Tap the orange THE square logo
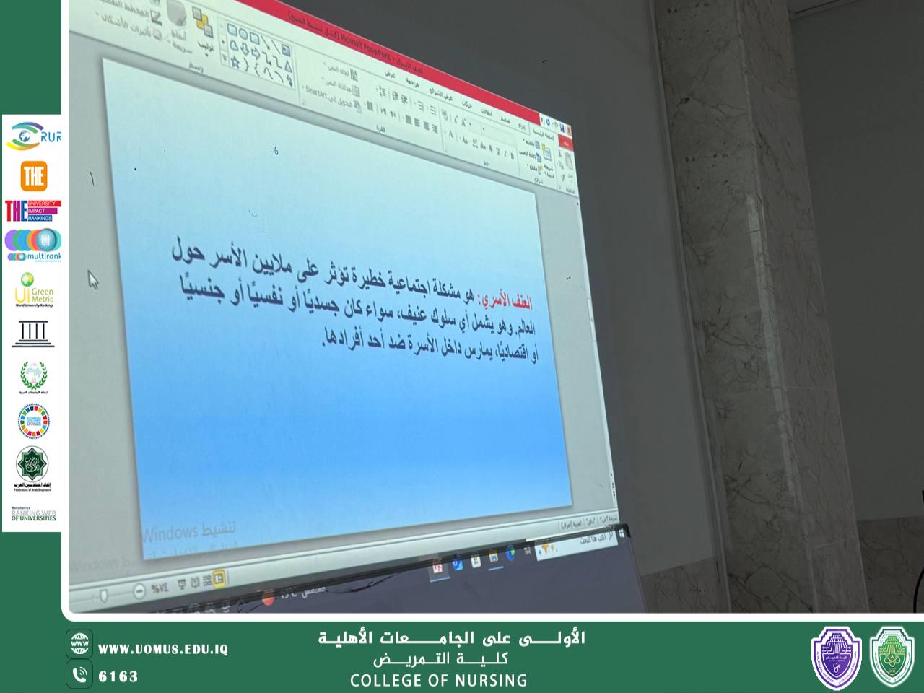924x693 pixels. point(33,175)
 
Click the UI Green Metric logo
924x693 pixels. point(33,290)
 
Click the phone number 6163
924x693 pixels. point(118,676)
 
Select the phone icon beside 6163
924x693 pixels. point(79,675)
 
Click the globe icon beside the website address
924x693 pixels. point(79,643)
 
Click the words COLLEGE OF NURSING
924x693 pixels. point(438,680)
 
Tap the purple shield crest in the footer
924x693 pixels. point(836,657)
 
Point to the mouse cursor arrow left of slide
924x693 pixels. point(93,280)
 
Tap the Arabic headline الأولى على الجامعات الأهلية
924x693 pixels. point(452,638)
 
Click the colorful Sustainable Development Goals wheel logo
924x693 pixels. point(33,421)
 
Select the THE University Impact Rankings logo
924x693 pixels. point(33,211)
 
